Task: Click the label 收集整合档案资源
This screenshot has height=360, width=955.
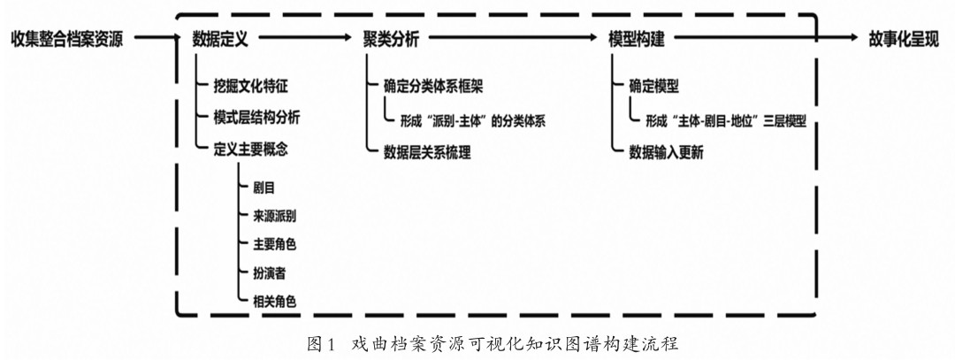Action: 67,39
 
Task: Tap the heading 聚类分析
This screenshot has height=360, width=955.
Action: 391,39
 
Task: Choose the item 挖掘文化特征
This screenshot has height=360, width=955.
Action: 250,88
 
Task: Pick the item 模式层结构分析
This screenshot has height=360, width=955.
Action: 256,118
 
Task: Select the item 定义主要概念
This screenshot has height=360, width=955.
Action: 250,148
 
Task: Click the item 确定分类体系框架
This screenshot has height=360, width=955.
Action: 432,88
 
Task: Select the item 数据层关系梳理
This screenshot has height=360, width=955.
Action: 426,151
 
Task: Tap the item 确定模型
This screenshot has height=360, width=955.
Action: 653,88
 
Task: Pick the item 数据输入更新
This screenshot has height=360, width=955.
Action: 666,151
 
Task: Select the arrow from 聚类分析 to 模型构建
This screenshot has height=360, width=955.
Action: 512,39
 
